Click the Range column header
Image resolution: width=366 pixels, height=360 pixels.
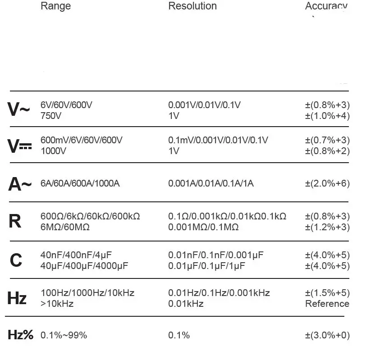point(55,6)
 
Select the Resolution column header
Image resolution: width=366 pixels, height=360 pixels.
point(192,6)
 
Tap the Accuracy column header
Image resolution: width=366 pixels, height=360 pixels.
point(326,6)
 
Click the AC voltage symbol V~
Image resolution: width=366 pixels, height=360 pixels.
point(19,110)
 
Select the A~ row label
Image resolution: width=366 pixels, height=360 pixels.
point(20,184)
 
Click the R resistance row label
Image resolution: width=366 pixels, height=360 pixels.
point(15,221)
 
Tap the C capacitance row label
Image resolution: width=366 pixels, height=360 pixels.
point(16,260)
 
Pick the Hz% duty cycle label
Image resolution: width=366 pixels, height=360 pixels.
point(21,335)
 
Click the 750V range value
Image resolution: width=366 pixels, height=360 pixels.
point(51,116)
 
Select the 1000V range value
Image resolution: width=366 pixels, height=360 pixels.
point(53,151)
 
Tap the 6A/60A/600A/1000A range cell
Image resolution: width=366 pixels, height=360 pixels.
point(80,184)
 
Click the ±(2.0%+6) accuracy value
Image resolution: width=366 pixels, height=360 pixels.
point(327,184)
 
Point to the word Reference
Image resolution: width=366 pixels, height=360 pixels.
point(327,304)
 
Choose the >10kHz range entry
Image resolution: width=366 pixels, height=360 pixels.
point(57,304)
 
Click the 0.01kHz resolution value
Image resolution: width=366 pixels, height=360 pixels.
point(186,304)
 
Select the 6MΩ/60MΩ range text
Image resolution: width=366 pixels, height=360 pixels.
point(65,227)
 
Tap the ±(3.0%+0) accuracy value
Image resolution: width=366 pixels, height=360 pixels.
point(327,335)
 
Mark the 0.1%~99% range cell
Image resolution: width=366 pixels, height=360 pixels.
point(64,335)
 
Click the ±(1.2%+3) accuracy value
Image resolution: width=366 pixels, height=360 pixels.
point(327,227)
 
